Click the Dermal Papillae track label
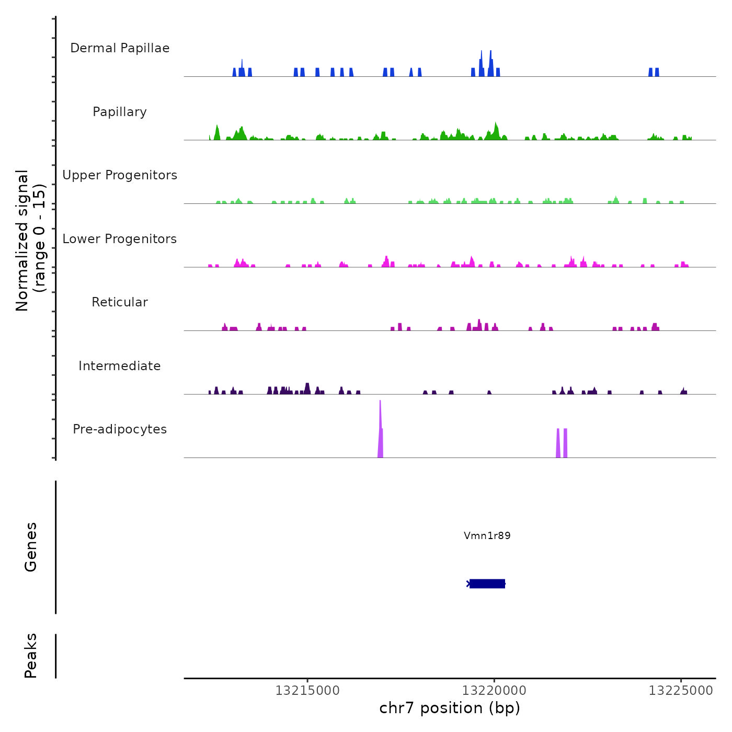[x=120, y=48]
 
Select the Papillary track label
[x=120, y=112]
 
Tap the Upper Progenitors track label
[x=120, y=175]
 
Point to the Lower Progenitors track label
[x=120, y=239]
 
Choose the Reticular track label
[x=120, y=302]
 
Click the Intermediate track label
[x=120, y=366]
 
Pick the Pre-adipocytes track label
[x=120, y=429]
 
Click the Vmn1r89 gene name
[x=487, y=535]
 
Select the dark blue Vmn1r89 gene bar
[x=487, y=584]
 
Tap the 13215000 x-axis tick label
[x=307, y=691]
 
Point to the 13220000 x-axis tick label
[x=494, y=691]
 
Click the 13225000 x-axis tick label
[x=681, y=691]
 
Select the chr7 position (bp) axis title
[x=450, y=708]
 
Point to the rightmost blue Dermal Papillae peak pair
[x=654, y=72]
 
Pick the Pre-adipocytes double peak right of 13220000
[x=562, y=443]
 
